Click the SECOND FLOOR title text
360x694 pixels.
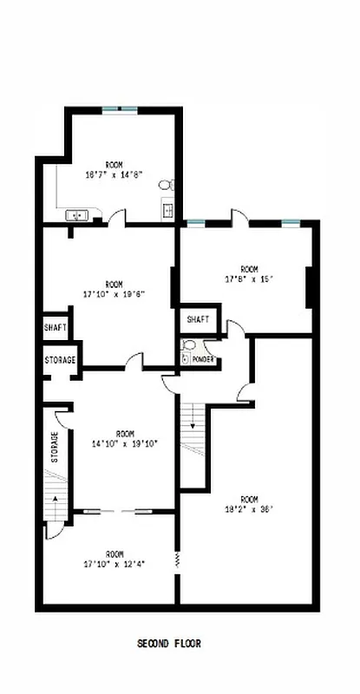pyautogui.click(x=169, y=645)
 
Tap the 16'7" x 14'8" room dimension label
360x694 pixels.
pyautogui.click(x=114, y=174)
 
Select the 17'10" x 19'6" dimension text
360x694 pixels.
pyautogui.click(x=114, y=293)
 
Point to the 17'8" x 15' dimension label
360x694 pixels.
pyautogui.click(x=250, y=278)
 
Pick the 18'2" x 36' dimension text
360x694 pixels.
pyautogui.click(x=250, y=510)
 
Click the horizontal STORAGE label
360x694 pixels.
pyautogui.click(x=60, y=359)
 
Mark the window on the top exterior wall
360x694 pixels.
pyautogui.click(x=120, y=108)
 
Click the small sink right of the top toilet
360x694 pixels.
pyautogui.click(x=167, y=208)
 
